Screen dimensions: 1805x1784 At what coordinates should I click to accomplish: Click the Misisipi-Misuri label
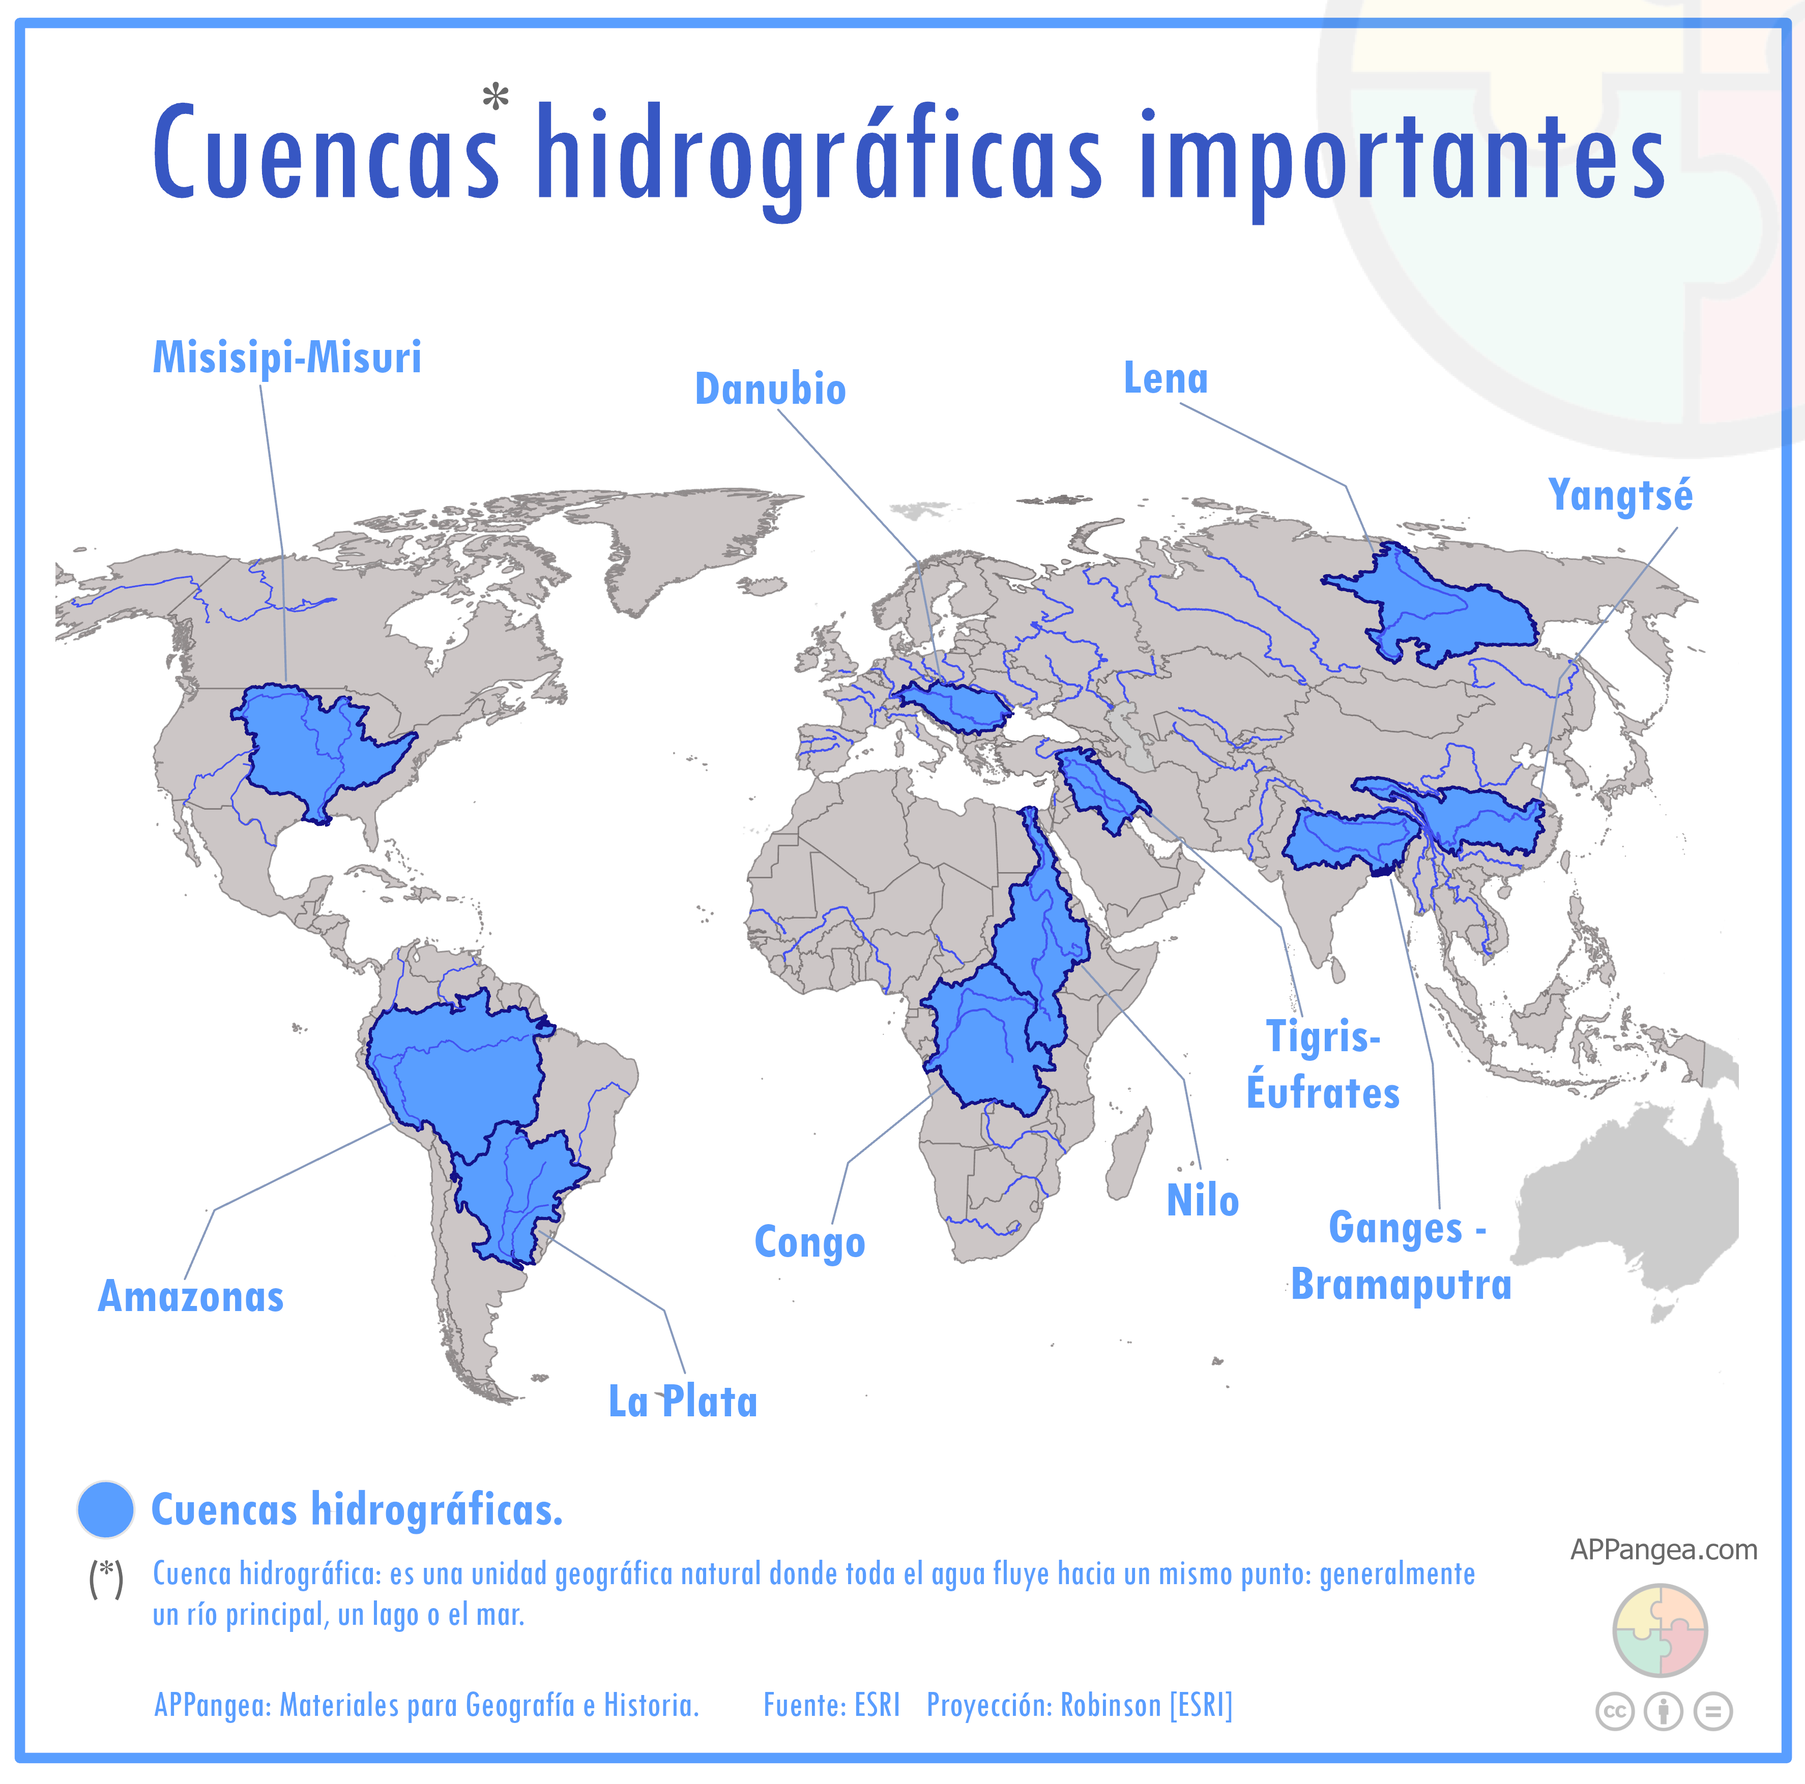(x=287, y=358)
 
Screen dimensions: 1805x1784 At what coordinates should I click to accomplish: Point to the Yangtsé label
(x=1620, y=495)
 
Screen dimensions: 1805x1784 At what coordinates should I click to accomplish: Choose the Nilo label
(x=1202, y=1201)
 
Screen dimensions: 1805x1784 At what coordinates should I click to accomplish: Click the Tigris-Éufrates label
(x=1323, y=1065)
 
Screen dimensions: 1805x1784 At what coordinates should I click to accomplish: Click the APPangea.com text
(x=1663, y=1550)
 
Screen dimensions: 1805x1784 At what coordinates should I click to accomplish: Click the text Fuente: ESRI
(x=831, y=1706)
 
